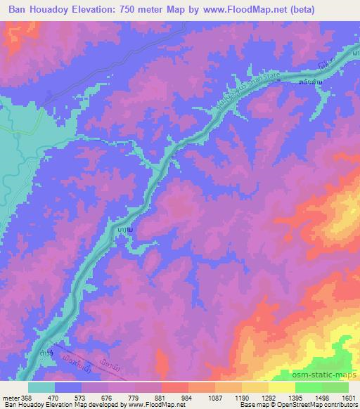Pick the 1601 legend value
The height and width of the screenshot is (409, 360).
(x=349, y=397)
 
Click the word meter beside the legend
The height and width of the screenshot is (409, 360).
(x=10, y=397)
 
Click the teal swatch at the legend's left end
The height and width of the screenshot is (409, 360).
(x=41, y=387)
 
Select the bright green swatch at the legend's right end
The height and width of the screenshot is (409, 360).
(x=335, y=387)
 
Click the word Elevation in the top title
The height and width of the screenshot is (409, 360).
(x=101, y=9)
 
